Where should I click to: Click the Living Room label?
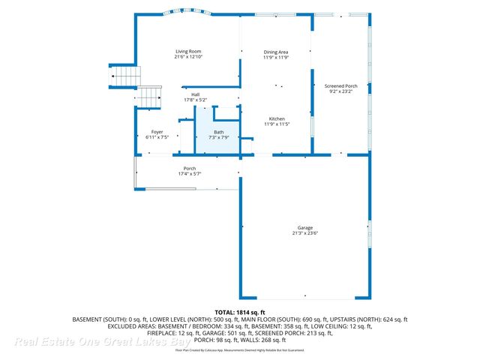(189, 52)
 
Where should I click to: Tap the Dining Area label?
(276, 52)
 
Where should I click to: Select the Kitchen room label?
(276, 118)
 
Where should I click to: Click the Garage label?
(304, 227)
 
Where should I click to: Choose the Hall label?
(195, 94)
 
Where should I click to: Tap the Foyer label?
(157, 132)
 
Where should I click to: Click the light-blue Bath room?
(217, 129)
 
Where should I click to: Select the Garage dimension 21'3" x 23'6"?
(304, 232)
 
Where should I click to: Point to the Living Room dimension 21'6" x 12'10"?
(189, 57)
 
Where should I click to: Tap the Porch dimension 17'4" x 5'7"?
(189, 173)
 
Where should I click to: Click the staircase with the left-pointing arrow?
(125, 76)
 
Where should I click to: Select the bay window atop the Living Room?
(189, 13)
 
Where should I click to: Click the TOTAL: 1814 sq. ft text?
(240, 311)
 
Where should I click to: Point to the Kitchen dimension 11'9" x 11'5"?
(276, 124)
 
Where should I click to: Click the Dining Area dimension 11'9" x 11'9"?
(276, 57)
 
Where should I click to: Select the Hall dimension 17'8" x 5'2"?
(195, 100)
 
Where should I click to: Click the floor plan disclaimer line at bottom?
(240, 350)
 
